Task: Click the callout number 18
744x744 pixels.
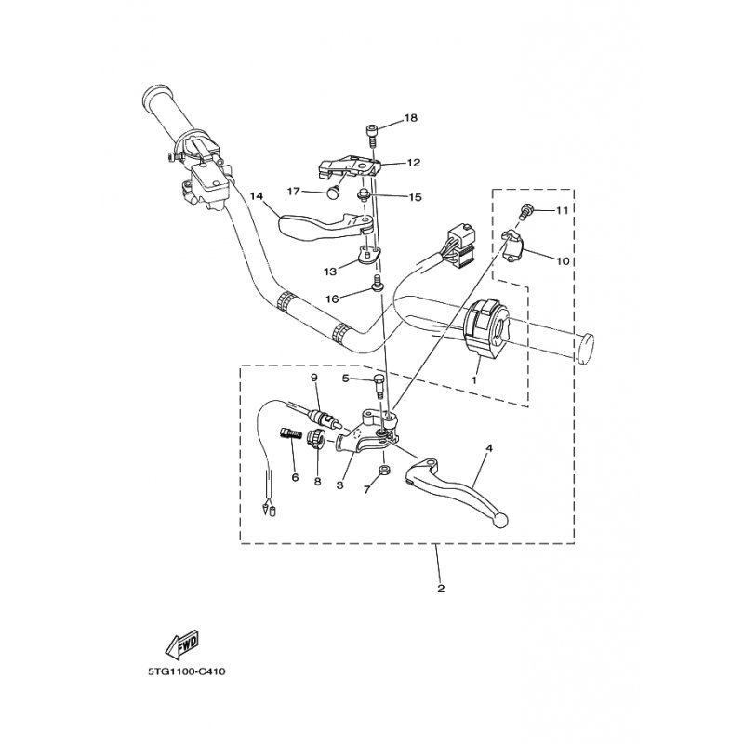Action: (411, 118)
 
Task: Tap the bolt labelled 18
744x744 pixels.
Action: (371, 135)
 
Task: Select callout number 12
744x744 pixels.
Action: (414, 163)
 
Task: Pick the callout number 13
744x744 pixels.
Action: (330, 272)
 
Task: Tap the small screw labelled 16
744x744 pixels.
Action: (378, 282)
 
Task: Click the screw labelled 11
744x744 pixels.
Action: (525, 212)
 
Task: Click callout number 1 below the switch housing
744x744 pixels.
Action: (474, 380)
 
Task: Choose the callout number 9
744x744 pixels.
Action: (313, 378)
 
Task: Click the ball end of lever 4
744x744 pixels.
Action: (501, 521)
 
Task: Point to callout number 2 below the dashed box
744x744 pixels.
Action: (441, 589)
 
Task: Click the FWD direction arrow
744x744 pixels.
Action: (181, 644)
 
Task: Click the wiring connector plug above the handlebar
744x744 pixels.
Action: (459, 245)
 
